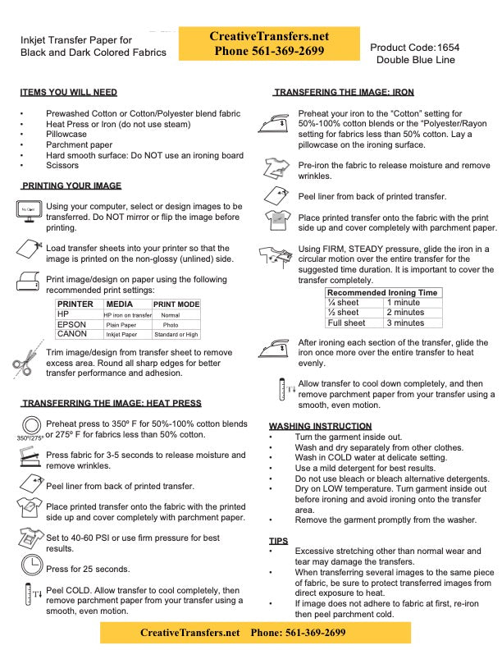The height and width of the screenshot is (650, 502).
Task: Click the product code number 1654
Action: pyautogui.click(x=448, y=48)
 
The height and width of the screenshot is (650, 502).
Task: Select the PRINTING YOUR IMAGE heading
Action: pyautogui.click(x=71, y=185)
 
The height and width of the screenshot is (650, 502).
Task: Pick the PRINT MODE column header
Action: pyautogui.click(x=176, y=304)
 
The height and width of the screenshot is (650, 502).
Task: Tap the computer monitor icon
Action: pyautogui.click(x=28, y=211)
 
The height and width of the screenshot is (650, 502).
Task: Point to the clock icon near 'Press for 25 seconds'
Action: pyautogui.click(x=31, y=564)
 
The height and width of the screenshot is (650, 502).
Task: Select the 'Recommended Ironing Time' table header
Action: pyautogui.click(x=382, y=292)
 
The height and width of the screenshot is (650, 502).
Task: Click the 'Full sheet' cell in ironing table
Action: pyautogui.click(x=345, y=323)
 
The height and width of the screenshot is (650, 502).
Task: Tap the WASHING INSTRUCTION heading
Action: pyautogui.click(x=320, y=426)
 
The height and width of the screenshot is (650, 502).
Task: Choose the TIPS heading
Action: pyautogui.click(x=278, y=541)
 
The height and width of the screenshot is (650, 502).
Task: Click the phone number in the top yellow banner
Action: pyautogui.click(x=270, y=51)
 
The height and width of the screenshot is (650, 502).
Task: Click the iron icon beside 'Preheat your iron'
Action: pyautogui.click(x=277, y=123)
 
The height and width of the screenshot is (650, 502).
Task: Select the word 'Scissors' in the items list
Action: pyautogui.click(x=62, y=166)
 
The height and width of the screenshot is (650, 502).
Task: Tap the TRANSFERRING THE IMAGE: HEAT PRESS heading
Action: pyautogui.click(x=111, y=403)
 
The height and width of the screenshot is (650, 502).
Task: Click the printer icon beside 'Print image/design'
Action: pyautogui.click(x=28, y=282)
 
